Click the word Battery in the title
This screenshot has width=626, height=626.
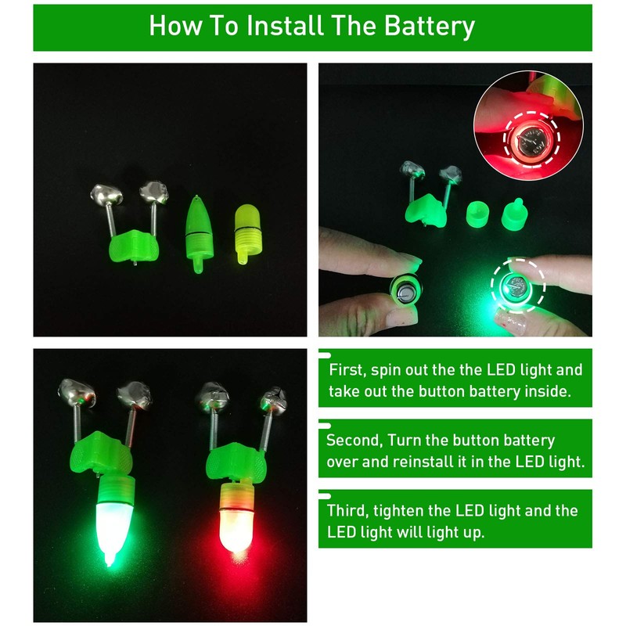(x=430, y=26)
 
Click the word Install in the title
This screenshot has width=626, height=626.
(x=283, y=26)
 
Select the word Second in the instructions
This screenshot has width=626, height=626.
(x=356, y=441)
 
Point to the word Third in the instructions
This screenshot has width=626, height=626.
(x=348, y=511)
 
